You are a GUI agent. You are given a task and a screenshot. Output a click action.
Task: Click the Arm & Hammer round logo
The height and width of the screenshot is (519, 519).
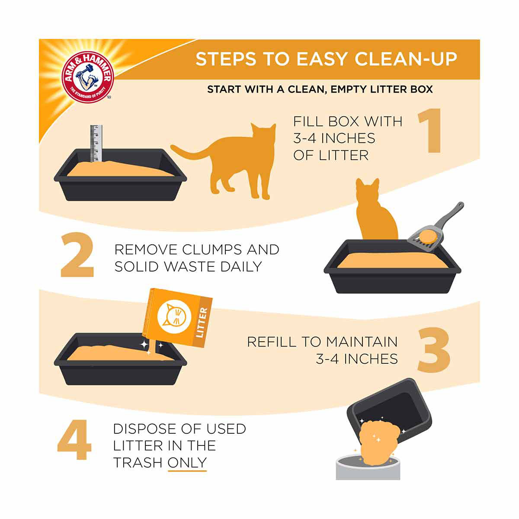click(88, 77)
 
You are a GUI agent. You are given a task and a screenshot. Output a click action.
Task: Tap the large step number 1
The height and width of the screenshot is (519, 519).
click(430, 131)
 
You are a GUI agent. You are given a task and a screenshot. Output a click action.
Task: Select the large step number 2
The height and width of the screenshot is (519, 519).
click(77, 255)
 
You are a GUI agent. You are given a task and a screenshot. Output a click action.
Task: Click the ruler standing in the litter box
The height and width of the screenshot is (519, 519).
click(96, 143)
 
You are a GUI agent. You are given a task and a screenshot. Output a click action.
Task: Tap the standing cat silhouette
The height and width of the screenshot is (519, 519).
click(224, 161)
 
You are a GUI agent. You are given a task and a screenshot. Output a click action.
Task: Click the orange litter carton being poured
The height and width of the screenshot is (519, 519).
click(177, 318)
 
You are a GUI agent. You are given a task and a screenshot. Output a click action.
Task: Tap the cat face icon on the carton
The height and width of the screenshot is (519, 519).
click(174, 317)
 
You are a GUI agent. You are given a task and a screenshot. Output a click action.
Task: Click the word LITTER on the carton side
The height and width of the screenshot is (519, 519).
click(202, 322)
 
